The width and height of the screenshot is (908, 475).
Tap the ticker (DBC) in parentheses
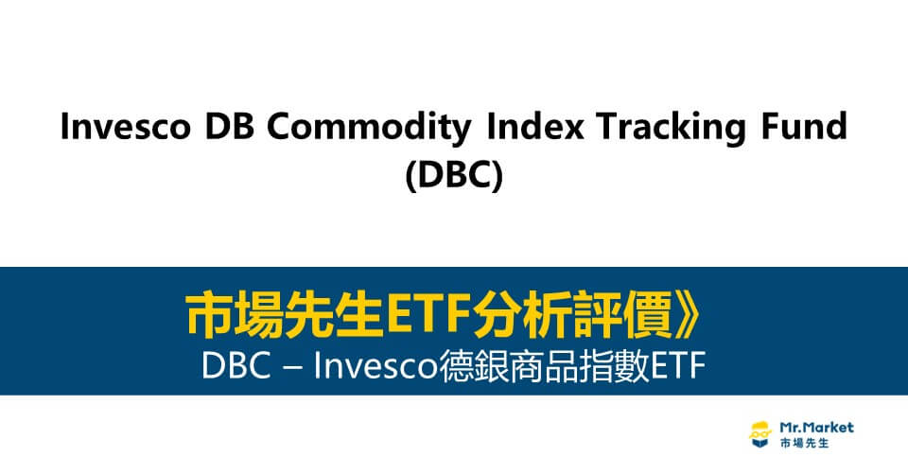(454, 175)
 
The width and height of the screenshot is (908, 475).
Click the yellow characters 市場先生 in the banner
(270, 317)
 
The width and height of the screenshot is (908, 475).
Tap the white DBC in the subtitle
(233, 366)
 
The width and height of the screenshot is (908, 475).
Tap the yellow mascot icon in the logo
(759, 434)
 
